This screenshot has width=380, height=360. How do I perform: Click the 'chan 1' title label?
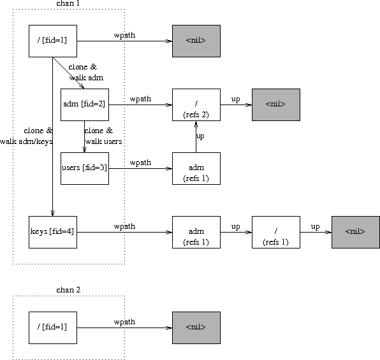pos(68,4)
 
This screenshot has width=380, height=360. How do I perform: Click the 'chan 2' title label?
pos(68,290)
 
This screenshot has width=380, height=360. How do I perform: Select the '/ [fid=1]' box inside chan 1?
pos(53,41)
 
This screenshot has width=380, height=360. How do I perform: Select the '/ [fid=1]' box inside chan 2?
pos(53,328)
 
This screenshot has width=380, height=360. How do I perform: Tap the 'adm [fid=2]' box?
pos(84,104)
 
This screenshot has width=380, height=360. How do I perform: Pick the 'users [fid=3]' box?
pos(84,168)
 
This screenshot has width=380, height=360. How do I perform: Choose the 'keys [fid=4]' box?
pos(53,232)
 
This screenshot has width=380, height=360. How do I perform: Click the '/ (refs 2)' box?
pos(196,104)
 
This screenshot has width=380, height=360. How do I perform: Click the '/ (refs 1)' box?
pos(275,232)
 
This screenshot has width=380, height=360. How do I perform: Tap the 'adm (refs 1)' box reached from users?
pos(196,168)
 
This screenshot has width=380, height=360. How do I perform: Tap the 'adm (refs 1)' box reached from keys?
pos(196,232)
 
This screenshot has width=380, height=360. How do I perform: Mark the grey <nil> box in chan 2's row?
pos(196,328)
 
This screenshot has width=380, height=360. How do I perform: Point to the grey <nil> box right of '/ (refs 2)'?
pos(275,104)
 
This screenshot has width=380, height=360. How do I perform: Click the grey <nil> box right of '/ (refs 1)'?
pos(355,232)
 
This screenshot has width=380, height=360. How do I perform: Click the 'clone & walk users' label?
pos(103,136)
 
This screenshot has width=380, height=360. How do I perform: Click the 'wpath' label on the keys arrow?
pos(124,226)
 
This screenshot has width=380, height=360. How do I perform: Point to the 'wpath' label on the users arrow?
pos(140,162)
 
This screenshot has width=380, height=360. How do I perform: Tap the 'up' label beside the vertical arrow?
pos(200,136)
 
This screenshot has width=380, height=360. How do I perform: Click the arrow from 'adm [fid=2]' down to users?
pos(85,136)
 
